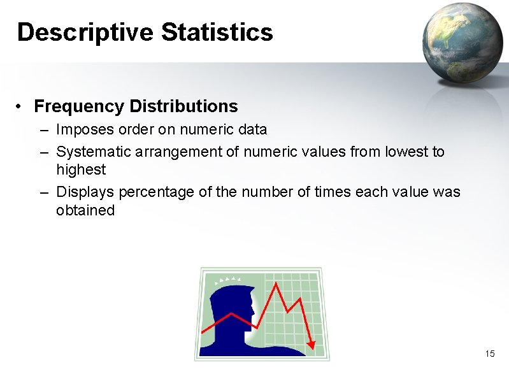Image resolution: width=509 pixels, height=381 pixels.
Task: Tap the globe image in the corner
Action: coord(462,42)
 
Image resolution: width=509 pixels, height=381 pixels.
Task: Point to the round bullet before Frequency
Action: coord(20,106)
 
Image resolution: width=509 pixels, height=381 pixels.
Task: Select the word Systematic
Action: coord(94,152)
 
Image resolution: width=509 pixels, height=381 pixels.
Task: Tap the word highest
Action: coord(81,169)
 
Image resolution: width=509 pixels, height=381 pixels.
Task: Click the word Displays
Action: coord(85,192)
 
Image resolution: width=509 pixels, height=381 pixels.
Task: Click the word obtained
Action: coord(85,210)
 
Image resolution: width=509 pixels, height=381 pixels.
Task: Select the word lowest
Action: coord(406,152)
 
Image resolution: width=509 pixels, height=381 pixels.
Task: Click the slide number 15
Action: coord(489,354)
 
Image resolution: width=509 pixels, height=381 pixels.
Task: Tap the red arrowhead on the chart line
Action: coord(311,345)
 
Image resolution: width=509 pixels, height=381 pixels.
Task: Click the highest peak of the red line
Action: coord(276,284)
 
